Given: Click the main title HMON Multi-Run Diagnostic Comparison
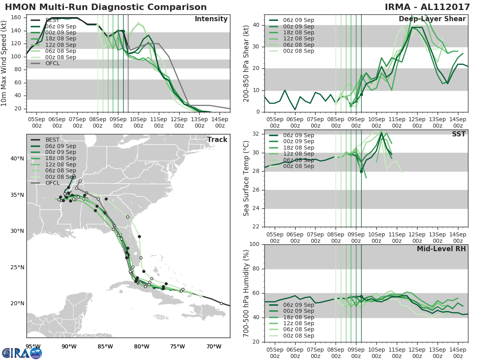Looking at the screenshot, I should tap(106, 7).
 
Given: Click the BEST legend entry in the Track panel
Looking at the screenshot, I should tap(52, 140).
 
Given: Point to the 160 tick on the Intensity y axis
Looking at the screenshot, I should tap(18, 18).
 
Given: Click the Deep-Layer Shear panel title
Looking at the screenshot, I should tap(432, 19).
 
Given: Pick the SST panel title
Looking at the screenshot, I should tap(459, 134).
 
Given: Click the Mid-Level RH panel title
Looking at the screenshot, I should tap(441, 249).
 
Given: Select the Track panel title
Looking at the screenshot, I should tap(217, 140).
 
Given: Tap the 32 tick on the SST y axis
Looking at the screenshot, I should tap(256, 134).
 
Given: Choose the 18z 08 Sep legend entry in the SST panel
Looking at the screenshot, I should tap(298, 148).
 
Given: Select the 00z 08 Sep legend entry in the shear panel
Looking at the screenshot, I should tap(298, 51).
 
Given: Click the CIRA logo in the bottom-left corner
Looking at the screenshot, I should tap(22, 353).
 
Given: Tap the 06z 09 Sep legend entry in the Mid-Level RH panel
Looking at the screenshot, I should tap(298, 305).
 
